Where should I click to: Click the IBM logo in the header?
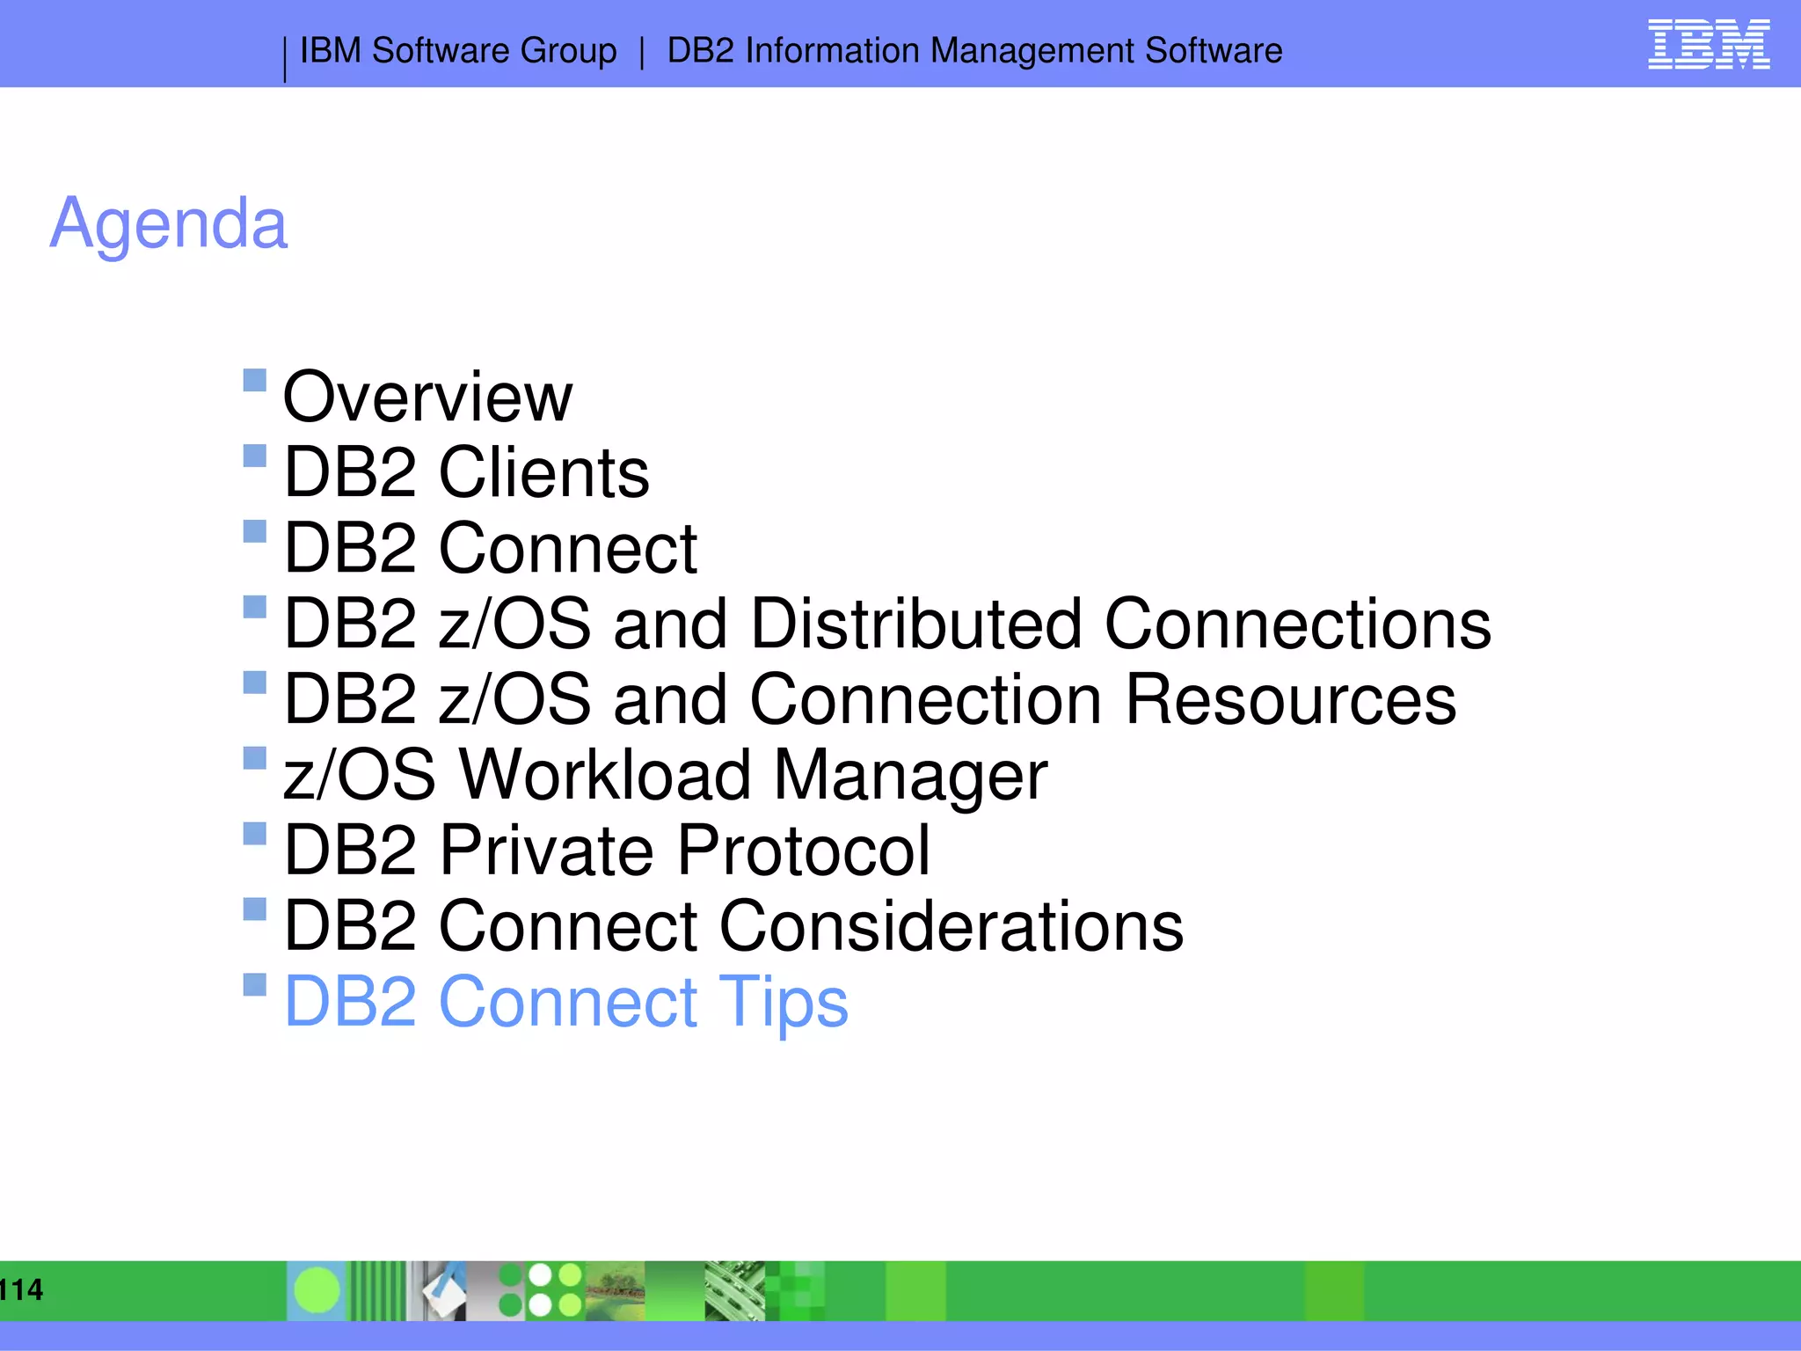tap(1709, 44)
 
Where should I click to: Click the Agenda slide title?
tap(169, 223)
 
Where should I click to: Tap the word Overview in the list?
tap(427, 397)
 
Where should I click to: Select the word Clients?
tap(543, 472)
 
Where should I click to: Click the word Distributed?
tap(916, 624)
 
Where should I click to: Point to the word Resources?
tap(1290, 699)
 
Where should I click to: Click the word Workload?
tap(605, 775)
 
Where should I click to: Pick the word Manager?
tap(910, 777)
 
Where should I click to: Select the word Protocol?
tap(803, 851)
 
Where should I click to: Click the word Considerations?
tap(952, 926)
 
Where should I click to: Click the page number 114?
tap(21, 1290)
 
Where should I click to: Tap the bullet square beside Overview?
tap(254, 380)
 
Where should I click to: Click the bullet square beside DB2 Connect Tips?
tap(254, 984)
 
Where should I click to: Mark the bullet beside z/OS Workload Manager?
tap(254, 757)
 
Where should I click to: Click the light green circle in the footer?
tap(317, 1290)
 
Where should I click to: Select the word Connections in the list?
tap(1297, 624)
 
